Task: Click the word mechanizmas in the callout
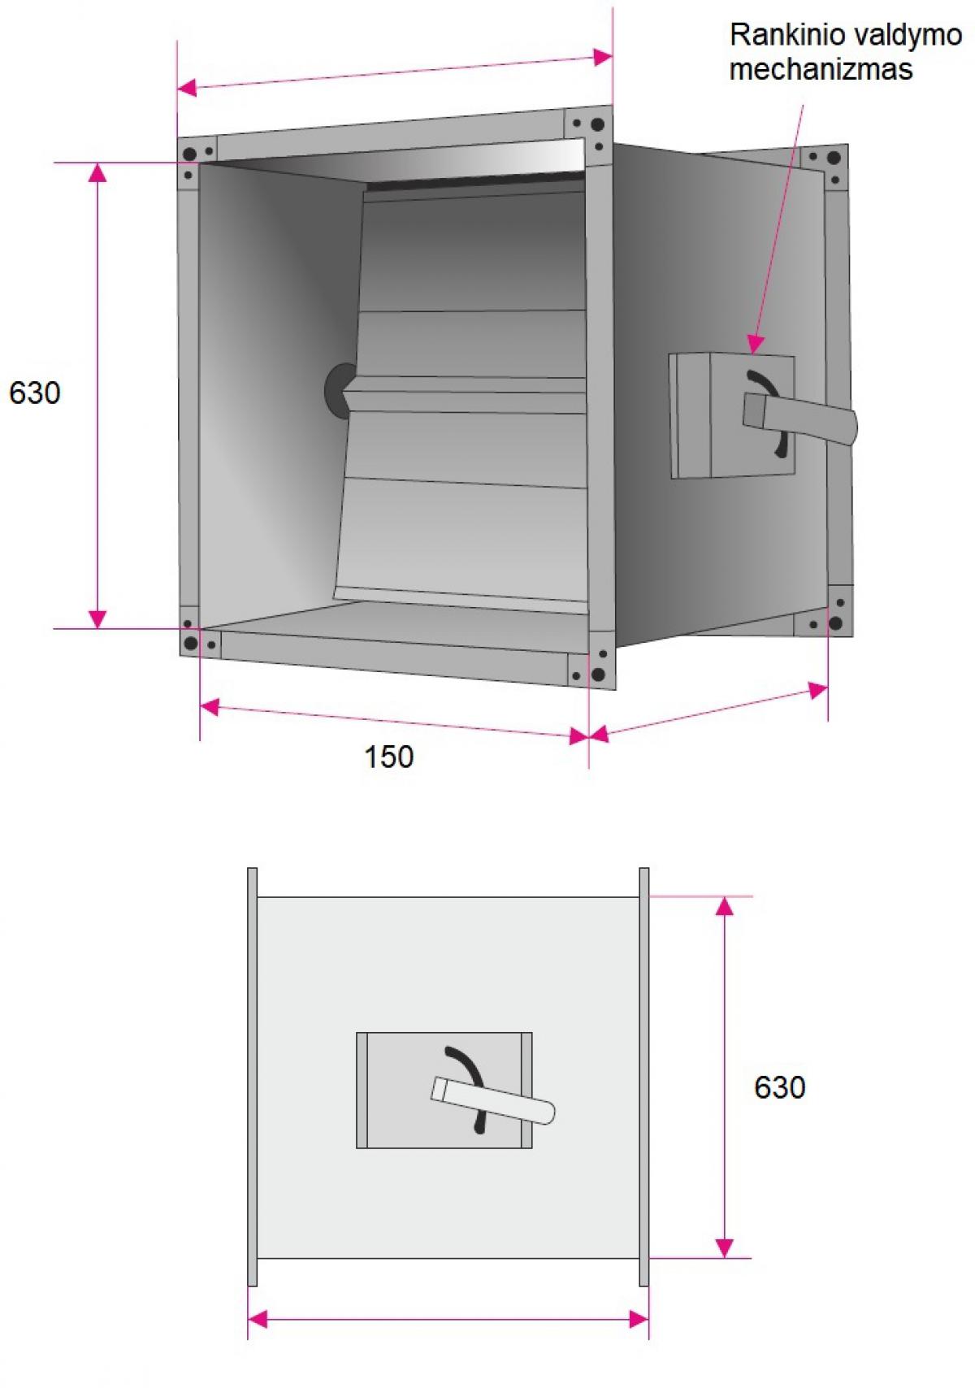click(821, 68)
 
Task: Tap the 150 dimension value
click(388, 757)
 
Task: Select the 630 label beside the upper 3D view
click(35, 393)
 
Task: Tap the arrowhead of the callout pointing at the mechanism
click(755, 345)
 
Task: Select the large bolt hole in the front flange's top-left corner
click(190, 154)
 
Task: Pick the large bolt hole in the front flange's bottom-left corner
click(191, 643)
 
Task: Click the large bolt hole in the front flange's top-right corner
click(597, 124)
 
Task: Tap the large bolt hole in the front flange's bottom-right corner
click(598, 674)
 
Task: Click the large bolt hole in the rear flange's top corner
click(834, 158)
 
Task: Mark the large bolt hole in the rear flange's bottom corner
click(835, 622)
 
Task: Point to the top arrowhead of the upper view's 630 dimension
click(97, 174)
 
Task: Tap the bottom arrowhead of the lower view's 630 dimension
click(724, 1248)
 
